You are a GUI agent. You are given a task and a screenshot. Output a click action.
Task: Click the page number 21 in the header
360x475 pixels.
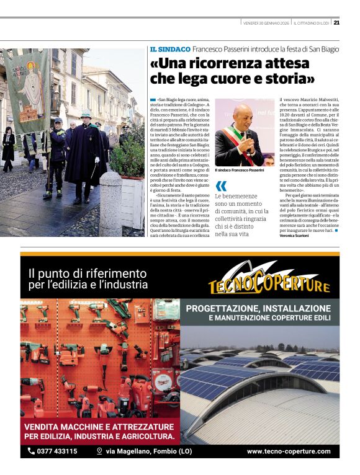click(x=336, y=22)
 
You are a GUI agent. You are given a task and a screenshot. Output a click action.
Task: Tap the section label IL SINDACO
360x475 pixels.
click(x=169, y=49)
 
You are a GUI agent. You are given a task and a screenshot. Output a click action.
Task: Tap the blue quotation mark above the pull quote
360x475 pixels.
click(x=221, y=186)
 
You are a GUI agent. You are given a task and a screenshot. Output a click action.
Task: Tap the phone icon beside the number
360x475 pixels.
click(x=31, y=451)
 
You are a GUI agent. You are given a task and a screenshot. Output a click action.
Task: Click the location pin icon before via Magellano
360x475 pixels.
click(x=99, y=451)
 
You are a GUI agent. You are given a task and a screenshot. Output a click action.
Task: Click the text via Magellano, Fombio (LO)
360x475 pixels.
click(x=140, y=451)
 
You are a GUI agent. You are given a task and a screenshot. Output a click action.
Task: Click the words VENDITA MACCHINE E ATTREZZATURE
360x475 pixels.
click(x=99, y=427)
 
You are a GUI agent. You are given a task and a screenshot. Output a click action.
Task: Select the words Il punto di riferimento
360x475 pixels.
click(x=88, y=273)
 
